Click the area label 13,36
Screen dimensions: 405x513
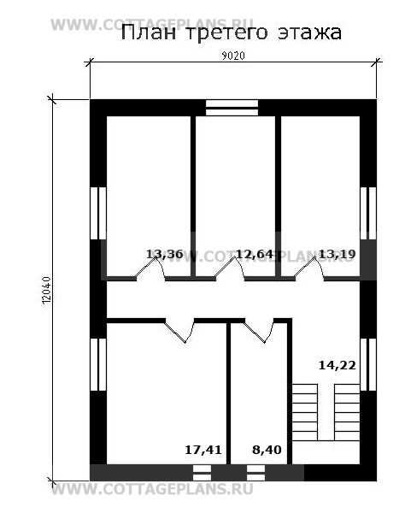coord(164,254)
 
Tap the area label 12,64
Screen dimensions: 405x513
coord(255,254)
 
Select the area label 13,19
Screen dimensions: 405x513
coord(337,254)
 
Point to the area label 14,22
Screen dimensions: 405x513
coord(337,365)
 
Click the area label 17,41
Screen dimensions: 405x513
coord(203,450)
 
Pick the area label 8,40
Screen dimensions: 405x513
coord(267,450)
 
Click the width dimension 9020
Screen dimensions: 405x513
coord(233,56)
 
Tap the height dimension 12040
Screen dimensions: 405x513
coord(47,290)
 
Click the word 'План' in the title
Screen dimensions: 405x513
coord(148,32)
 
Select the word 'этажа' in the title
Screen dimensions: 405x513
coord(310,33)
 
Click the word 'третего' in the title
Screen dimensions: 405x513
coord(226,34)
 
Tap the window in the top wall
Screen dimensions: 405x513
coord(232,108)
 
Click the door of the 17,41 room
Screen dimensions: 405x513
coord(179,330)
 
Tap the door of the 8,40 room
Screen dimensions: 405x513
coord(259,330)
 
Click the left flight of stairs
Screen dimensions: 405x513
coord(305,412)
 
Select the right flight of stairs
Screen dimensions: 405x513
coord(347,412)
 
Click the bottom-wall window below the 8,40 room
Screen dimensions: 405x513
coord(255,473)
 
